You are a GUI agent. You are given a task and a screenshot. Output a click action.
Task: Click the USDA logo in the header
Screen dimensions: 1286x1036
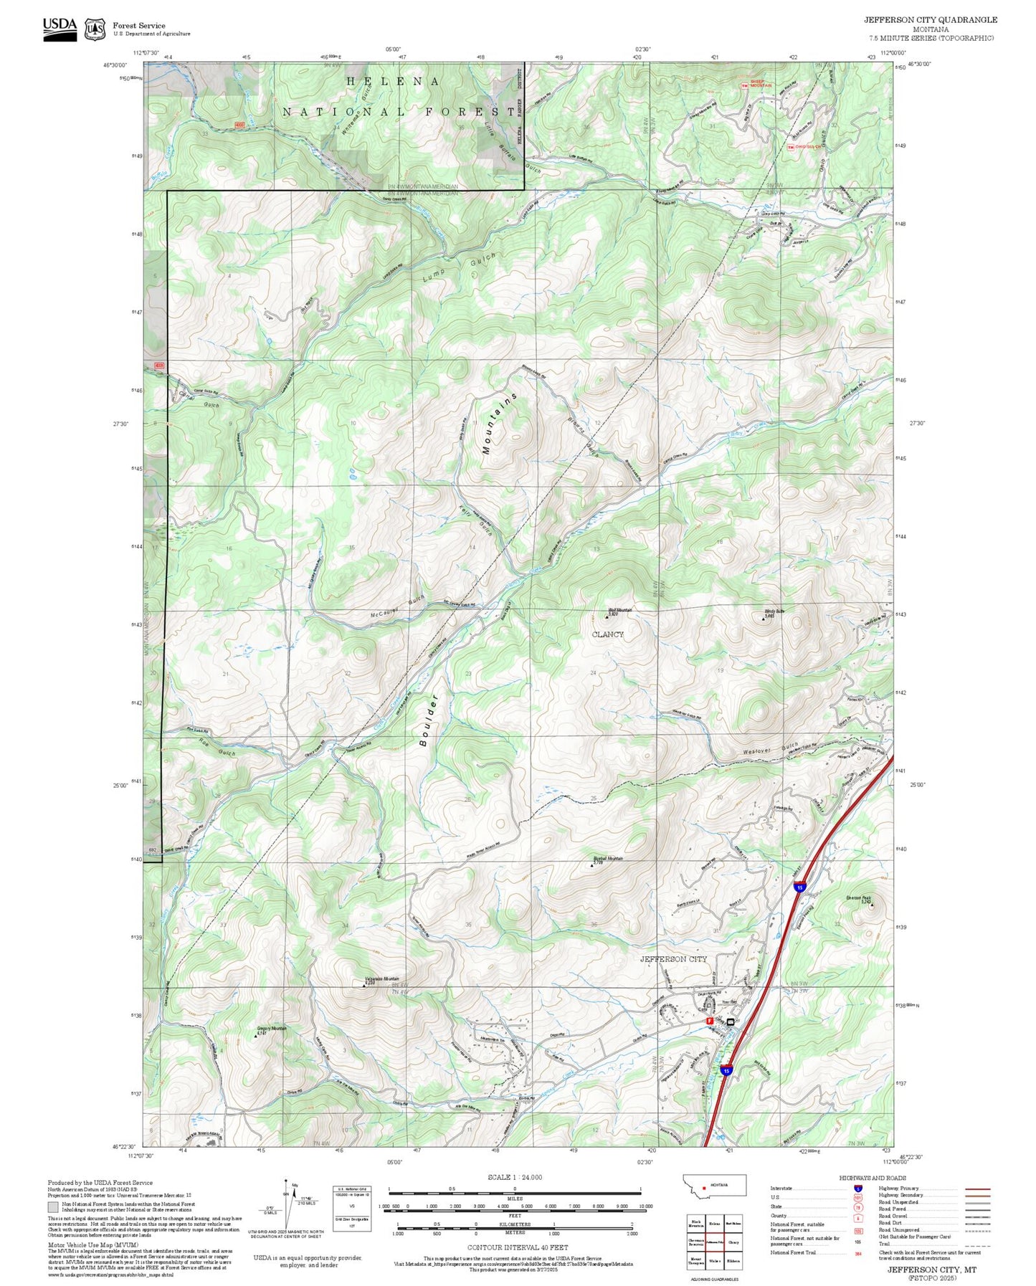(60, 26)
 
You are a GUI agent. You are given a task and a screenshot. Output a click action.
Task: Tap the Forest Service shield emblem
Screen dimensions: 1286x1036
(95, 29)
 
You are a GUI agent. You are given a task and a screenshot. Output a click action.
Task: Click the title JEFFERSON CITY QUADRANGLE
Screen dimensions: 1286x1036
(930, 20)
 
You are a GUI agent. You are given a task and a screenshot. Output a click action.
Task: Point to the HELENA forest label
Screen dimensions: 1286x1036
(394, 82)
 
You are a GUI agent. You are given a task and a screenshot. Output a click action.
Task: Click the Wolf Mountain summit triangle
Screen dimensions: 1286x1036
(607, 616)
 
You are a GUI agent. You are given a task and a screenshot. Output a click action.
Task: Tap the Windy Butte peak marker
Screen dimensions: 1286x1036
(763, 618)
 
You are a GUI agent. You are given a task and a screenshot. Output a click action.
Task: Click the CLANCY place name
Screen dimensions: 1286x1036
(607, 634)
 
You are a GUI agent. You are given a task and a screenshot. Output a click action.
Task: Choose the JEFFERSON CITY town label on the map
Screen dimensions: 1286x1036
(673, 959)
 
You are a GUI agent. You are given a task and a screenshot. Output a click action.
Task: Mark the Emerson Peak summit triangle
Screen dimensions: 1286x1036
(873, 905)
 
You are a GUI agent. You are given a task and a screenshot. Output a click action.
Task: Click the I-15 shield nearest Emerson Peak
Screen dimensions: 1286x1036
(799, 887)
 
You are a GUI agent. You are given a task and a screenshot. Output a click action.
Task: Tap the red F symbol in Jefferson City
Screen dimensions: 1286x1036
(710, 1021)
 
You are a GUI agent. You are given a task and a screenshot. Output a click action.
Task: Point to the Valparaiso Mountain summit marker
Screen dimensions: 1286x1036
(363, 985)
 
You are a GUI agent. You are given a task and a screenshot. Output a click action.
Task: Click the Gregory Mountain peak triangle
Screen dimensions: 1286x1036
(257, 1035)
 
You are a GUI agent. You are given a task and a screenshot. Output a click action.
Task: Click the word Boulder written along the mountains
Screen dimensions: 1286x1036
(429, 720)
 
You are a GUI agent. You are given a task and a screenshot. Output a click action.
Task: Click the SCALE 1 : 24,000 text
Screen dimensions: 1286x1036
(514, 1177)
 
